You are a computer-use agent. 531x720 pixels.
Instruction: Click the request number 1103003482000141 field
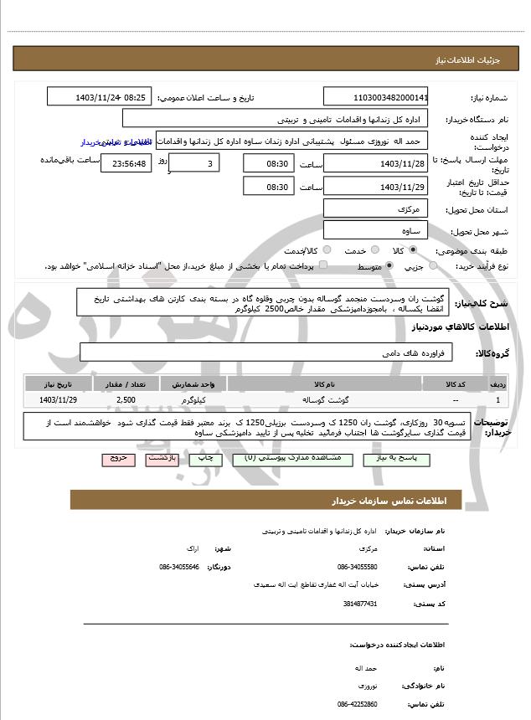375,97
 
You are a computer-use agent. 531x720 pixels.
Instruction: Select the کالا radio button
412,250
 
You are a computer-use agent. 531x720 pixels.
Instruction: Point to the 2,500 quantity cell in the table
126,400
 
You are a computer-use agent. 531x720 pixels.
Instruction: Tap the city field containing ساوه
375,229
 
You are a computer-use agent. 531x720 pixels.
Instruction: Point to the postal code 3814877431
360,604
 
